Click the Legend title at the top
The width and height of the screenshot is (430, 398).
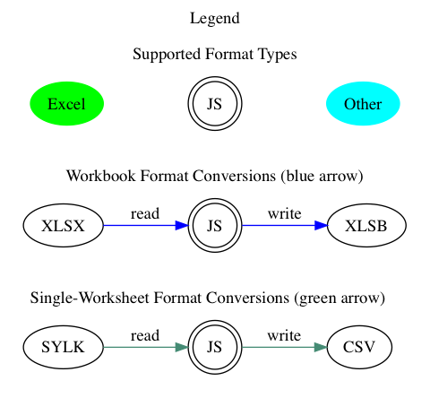pyautogui.click(x=215, y=18)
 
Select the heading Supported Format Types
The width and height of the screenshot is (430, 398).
pyautogui.click(x=215, y=54)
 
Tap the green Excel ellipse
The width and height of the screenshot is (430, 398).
pyautogui.click(x=66, y=104)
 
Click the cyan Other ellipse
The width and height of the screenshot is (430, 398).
pyautogui.click(x=363, y=104)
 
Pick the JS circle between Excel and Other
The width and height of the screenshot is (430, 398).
pyautogui.click(x=215, y=104)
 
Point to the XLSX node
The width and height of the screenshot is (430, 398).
pyautogui.click(x=63, y=226)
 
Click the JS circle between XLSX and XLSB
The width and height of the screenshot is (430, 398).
pyautogui.click(x=215, y=226)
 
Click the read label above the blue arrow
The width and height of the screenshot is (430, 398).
pyautogui.click(x=145, y=213)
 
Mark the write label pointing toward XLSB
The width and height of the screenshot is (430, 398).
pyautogui.click(x=284, y=213)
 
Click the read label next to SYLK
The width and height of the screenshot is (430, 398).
pyautogui.click(x=145, y=335)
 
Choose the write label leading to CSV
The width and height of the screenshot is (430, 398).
pyautogui.click(x=284, y=335)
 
